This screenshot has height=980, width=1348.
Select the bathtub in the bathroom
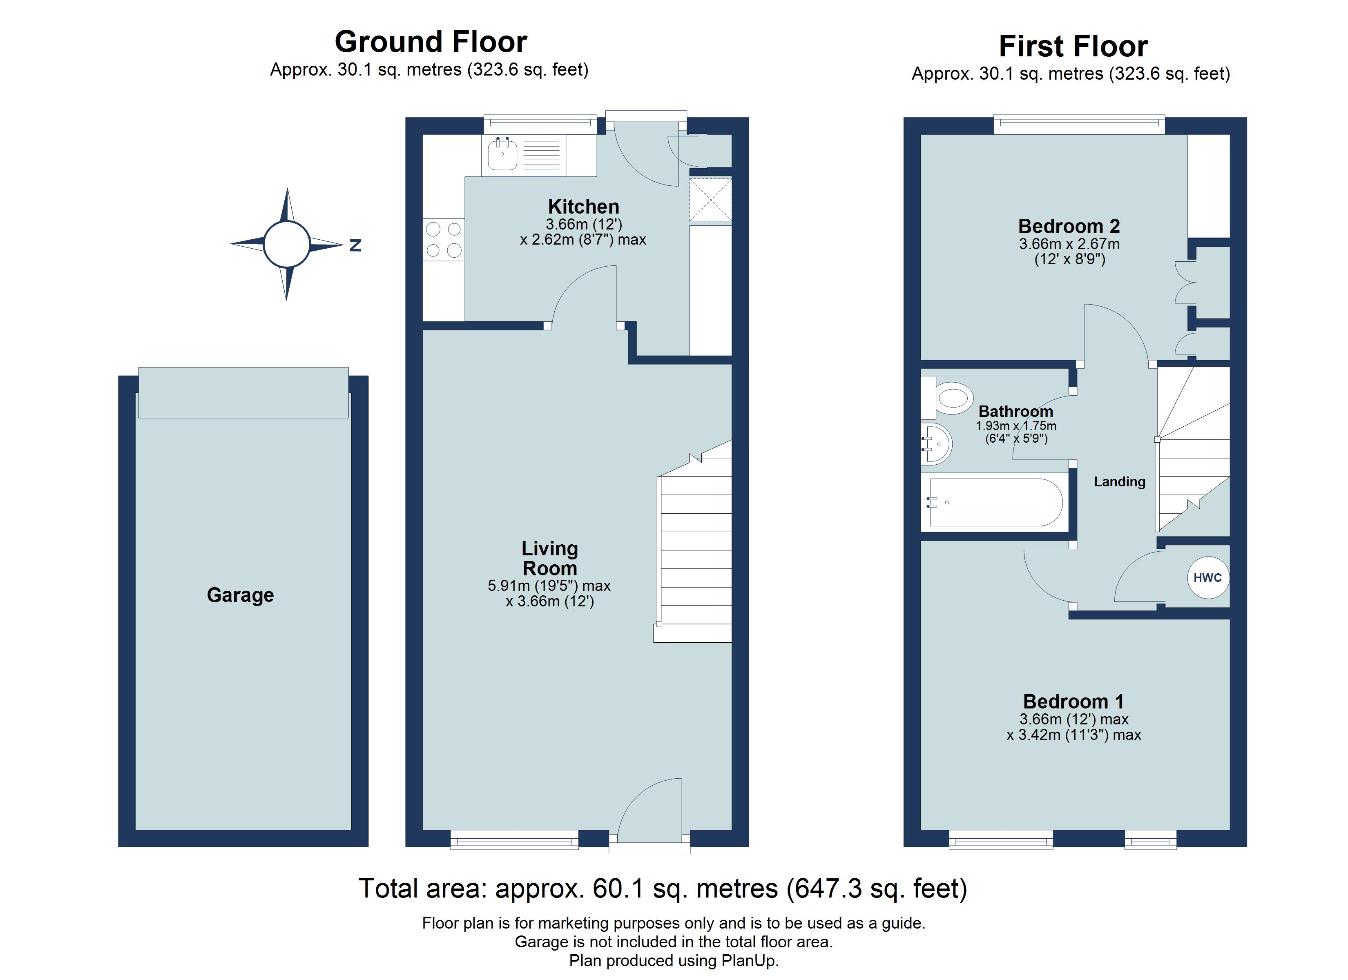coord(995,502)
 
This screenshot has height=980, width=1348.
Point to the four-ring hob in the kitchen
coord(443,240)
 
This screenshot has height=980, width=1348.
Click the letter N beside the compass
coord(355,245)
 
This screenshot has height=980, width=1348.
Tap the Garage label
coord(240,595)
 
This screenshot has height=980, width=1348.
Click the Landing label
coord(1120,481)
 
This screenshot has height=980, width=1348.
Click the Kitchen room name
coord(584,207)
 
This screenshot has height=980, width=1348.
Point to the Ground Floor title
coord(431,42)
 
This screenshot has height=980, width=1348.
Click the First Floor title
coord(1073,46)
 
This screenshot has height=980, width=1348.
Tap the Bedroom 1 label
coord(1073,702)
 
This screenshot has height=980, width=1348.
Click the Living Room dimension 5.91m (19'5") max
coord(549,586)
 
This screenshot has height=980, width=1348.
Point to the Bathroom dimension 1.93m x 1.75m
coord(1016,426)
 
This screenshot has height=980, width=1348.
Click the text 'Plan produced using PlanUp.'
coord(674,961)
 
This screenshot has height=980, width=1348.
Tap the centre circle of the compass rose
coord(286,244)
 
